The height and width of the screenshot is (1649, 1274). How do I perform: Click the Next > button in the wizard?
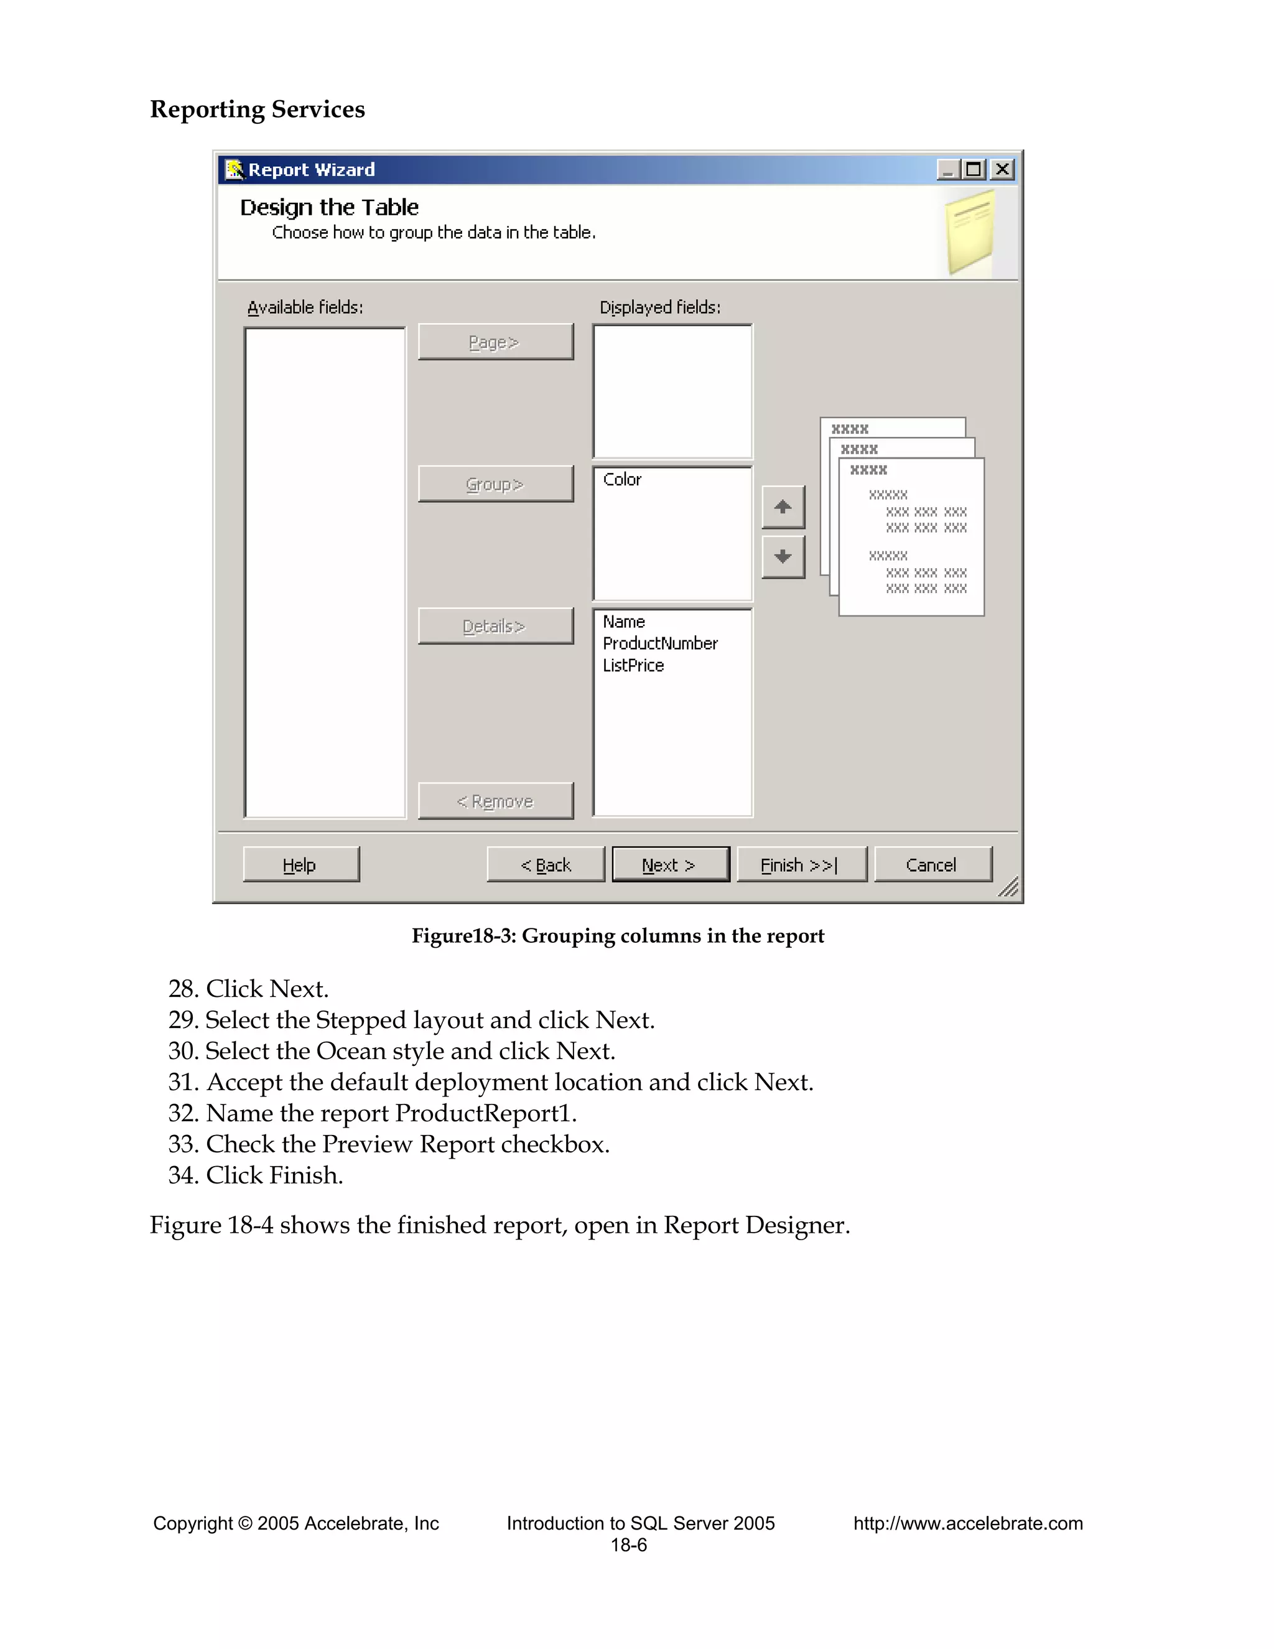coord(670,864)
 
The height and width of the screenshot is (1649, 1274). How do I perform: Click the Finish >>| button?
coord(801,864)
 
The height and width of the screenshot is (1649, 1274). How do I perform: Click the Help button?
coord(300,864)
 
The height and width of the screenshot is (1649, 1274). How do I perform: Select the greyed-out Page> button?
coord(495,342)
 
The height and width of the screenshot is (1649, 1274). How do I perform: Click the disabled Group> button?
coord(495,484)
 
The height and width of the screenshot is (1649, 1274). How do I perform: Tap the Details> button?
coord(495,626)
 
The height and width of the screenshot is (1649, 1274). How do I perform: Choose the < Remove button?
coord(495,801)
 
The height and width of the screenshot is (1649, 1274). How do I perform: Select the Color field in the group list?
coord(623,479)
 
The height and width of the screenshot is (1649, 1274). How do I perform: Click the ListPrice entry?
coord(633,665)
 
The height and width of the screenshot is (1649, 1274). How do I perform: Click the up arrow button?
coord(783,507)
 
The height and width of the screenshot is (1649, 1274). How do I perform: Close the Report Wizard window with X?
coord(1002,169)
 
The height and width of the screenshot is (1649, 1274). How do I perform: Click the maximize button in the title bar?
coord(974,169)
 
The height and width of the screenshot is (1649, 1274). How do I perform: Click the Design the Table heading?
coord(329,207)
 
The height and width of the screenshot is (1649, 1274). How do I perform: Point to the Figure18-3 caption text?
coord(617,935)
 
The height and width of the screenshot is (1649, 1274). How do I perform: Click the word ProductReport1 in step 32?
coord(485,1113)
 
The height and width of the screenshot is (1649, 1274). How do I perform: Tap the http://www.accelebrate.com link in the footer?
coord(967,1523)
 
